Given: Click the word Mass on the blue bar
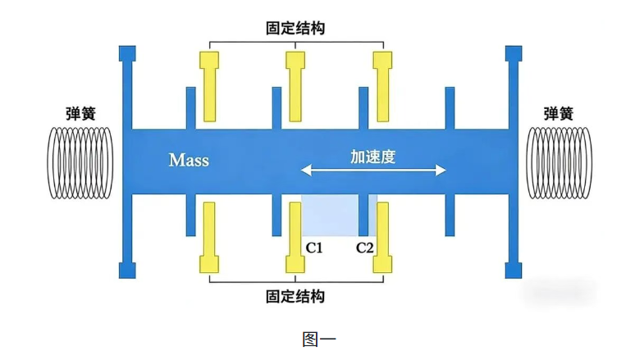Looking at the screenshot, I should (189, 159).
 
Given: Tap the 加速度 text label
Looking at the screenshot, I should (372, 156).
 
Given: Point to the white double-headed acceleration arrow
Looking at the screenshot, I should (372, 171).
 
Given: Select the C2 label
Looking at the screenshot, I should (365, 247).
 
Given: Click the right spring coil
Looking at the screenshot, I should (557, 162).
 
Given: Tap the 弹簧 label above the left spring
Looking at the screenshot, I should (80, 113).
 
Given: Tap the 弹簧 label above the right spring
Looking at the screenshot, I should (558, 113).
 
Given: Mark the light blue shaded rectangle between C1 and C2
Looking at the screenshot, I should (338, 215).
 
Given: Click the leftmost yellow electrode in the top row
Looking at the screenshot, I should (208, 86).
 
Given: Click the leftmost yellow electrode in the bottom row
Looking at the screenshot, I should (208, 238).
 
